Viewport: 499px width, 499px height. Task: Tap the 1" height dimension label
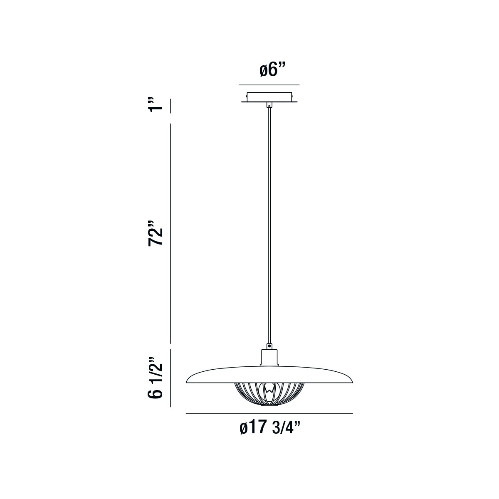tap(156, 105)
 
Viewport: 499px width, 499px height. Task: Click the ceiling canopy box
tap(269, 97)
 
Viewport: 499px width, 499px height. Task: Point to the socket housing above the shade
tap(269, 358)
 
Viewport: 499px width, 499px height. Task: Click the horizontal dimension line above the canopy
tap(269, 85)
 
